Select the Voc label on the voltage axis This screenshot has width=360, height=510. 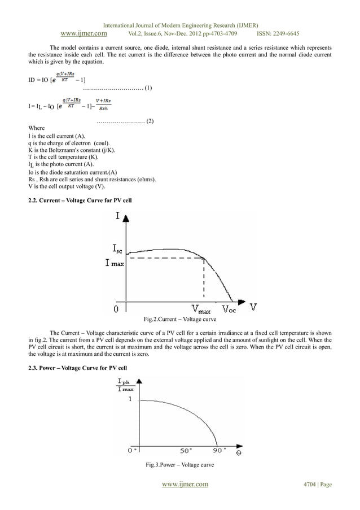click(x=229, y=309)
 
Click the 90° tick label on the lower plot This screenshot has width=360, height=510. click(x=217, y=450)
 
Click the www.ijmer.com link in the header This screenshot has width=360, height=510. click(x=84, y=33)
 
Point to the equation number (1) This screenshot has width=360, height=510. click(x=148, y=88)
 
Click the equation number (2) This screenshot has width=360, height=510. click(x=150, y=121)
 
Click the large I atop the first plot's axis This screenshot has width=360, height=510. click(x=117, y=216)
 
